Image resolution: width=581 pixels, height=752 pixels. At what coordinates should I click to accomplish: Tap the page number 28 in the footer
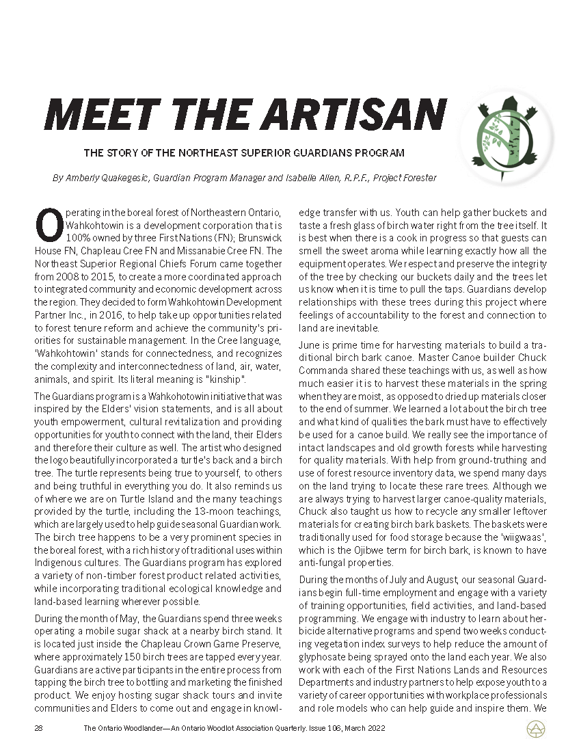coord(38,729)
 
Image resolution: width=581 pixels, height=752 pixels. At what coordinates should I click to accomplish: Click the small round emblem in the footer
coord(535,729)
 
